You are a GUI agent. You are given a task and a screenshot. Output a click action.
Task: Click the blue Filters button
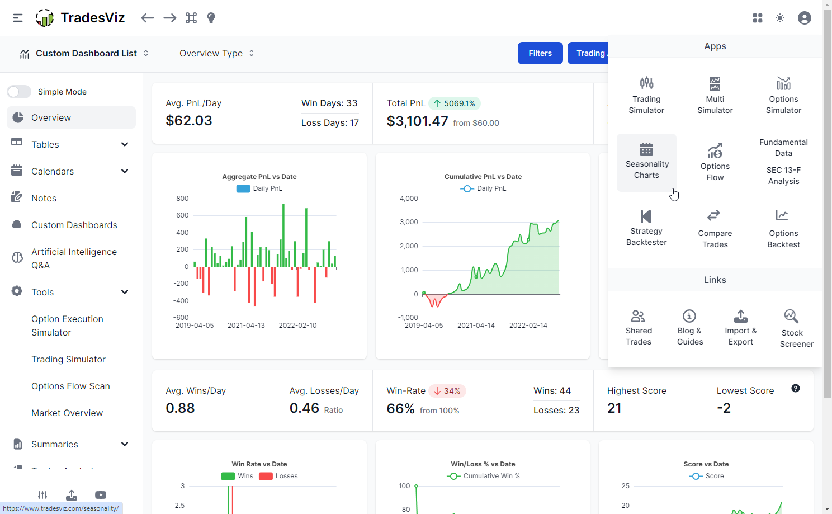coord(540,53)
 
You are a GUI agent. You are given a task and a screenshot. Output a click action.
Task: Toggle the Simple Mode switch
coord(19,92)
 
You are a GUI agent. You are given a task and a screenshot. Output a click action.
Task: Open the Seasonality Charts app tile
coord(646,162)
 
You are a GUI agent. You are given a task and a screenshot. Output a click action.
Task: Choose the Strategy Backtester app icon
coord(646,216)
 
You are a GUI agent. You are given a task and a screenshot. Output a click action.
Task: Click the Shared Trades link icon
coord(638,316)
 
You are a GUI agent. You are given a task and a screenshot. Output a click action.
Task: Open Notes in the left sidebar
coord(44,198)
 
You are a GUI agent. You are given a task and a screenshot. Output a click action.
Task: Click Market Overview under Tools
coord(67,413)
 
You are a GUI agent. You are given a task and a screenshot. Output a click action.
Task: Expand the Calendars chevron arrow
coord(125,171)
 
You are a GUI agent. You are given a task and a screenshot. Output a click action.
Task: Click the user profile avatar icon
coord(804,18)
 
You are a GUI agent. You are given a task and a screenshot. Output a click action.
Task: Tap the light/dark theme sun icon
coord(780,18)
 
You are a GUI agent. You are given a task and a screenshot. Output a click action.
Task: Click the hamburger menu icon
coord(18,18)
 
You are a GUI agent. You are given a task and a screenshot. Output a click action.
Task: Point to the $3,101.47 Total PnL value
coord(417,121)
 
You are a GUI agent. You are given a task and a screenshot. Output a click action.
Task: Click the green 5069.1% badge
coord(454,103)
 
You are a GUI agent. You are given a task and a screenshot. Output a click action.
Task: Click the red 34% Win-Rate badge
coord(447,391)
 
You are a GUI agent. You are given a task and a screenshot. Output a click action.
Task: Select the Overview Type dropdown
coord(216,54)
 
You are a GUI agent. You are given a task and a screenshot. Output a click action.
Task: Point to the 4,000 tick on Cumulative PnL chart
coord(409,199)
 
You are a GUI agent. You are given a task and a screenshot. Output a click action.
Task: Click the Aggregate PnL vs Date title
coord(259,177)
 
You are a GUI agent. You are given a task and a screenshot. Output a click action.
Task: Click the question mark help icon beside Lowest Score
coord(795,388)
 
